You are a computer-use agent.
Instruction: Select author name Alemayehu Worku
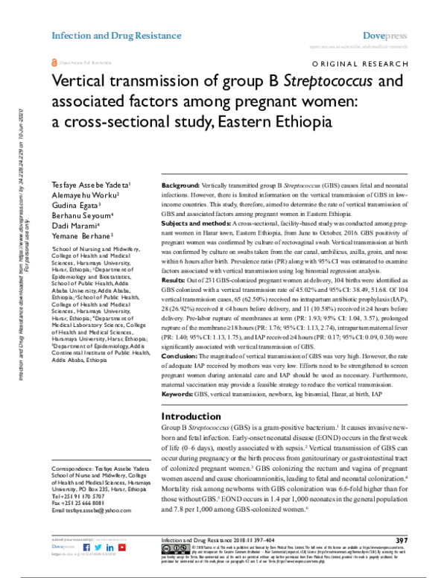tap(81, 194)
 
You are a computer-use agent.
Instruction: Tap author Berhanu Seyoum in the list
tap(81, 215)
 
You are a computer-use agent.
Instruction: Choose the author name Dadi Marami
tap(73, 226)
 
